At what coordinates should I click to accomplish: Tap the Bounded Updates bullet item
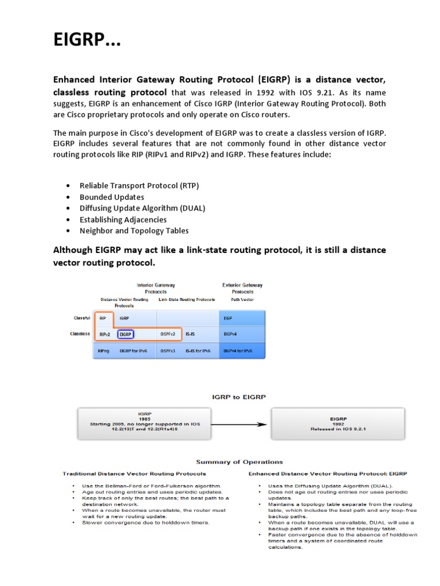pos(112,197)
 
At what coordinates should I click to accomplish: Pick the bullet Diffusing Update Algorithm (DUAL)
pos(142,208)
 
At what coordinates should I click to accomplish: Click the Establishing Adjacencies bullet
pos(123,220)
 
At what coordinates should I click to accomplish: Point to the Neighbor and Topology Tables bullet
pos(134,231)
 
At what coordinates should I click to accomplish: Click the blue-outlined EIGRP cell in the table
pos(125,334)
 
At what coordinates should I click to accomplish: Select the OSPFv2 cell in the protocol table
pos(168,334)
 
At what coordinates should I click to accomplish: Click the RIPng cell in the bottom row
pos(104,350)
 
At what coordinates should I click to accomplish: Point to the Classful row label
pos(82,318)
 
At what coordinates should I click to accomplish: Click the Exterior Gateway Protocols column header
pos(242,288)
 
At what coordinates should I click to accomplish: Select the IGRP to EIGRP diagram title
pos(239,396)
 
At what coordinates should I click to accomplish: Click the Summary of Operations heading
pos(239,462)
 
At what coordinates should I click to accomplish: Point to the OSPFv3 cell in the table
pos(168,350)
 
